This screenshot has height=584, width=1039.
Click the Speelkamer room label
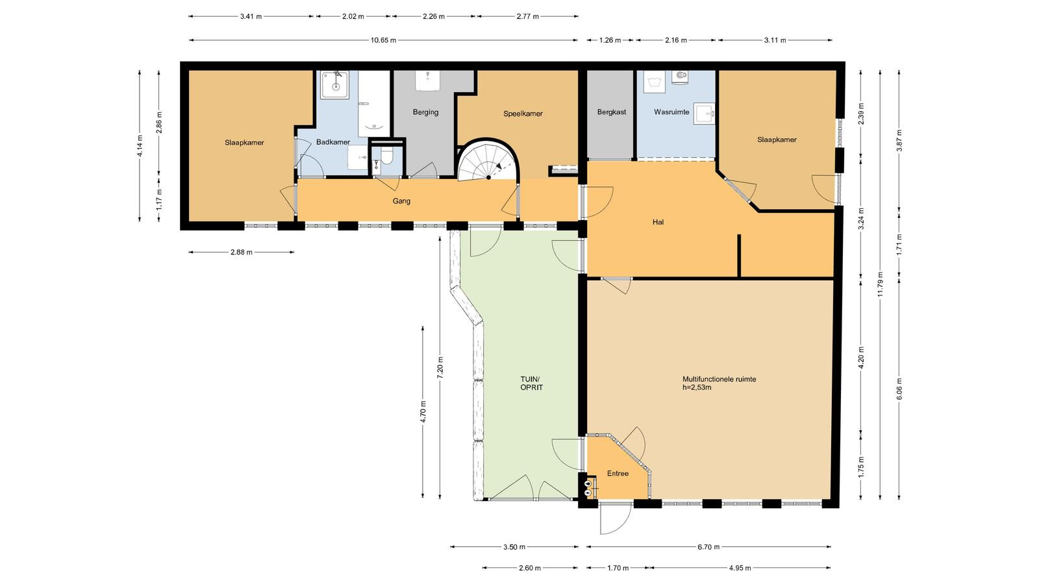click(523, 114)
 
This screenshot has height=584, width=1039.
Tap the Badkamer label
click(333, 142)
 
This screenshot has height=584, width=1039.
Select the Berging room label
click(425, 112)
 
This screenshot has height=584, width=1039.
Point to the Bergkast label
click(611, 112)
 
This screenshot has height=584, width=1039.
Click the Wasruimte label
click(671, 112)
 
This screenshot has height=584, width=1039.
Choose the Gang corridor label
click(401, 201)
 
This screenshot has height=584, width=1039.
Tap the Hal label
click(658, 222)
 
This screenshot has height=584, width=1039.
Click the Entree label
click(618, 473)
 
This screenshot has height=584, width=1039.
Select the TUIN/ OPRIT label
click(532, 383)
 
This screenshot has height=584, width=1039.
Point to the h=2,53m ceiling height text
click(697, 387)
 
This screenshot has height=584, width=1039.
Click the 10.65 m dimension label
click(383, 40)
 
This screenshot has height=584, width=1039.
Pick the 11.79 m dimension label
click(881, 285)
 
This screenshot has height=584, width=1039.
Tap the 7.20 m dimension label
click(440, 367)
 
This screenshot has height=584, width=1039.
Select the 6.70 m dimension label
click(708, 547)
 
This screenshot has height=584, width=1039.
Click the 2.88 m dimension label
click(241, 252)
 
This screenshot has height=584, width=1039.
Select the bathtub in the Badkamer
click(374, 103)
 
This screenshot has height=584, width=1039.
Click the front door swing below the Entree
click(616, 519)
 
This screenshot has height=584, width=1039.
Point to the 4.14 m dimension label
click(140, 145)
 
